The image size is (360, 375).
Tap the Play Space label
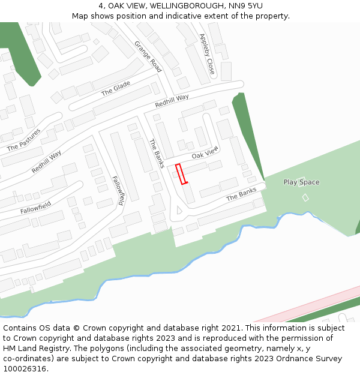pos(301,182)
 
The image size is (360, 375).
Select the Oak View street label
pos(205,155)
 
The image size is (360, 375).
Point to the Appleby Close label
pos(207,54)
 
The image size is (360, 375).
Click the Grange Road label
pos(148,56)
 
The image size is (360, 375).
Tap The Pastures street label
pos(24,140)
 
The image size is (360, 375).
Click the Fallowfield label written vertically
pos(118,191)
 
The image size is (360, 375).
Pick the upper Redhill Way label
pos(172,101)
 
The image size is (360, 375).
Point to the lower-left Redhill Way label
pos(47,162)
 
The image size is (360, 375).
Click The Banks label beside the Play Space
pos(241,194)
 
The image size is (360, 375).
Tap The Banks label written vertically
pos(157,153)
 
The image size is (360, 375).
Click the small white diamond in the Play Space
pos(305,197)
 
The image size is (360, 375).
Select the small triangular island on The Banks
pos(178,210)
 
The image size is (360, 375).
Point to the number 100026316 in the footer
pos(25,368)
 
